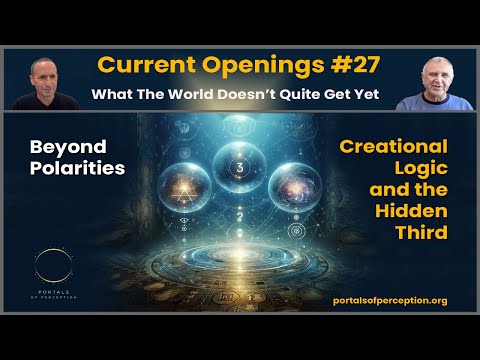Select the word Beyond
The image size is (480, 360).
click(61, 146)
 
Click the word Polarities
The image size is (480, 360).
click(77, 169)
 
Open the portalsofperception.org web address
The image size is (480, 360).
click(388, 301)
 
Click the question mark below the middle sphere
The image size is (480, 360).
click(239, 212)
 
